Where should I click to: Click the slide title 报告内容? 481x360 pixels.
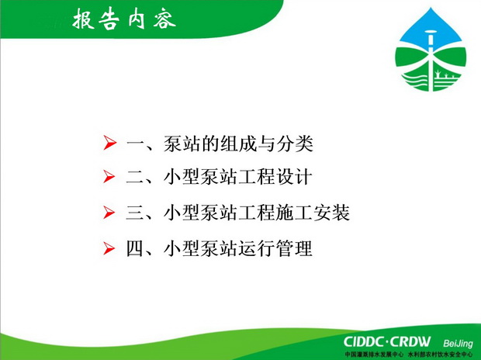(x=124, y=19)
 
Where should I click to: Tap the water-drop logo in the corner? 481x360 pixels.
(x=431, y=50)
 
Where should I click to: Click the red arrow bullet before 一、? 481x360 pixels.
(x=109, y=143)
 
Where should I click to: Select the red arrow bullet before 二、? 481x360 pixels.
(x=109, y=176)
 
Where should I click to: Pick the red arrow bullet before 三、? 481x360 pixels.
(x=109, y=213)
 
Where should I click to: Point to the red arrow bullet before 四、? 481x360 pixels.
(x=109, y=248)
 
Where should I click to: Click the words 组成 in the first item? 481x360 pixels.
(x=238, y=144)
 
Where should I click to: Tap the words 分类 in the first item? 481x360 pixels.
(x=295, y=144)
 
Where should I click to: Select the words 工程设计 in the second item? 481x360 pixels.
(x=275, y=178)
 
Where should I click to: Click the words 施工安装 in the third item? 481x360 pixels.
(x=313, y=213)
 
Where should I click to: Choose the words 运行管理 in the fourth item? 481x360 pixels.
(x=275, y=248)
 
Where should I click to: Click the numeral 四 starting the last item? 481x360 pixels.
(x=135, y=248)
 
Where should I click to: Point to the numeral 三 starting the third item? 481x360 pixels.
(x=135, y=213)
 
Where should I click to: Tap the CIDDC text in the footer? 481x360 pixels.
(x=364, y=342)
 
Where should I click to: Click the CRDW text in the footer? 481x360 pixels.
(x=410, y=342)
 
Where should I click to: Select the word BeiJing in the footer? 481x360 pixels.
(x=458, y=344)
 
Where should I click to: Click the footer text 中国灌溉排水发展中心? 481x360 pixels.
(x=374, y=355)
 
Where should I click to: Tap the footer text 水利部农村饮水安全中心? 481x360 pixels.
(x=441, y=355)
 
